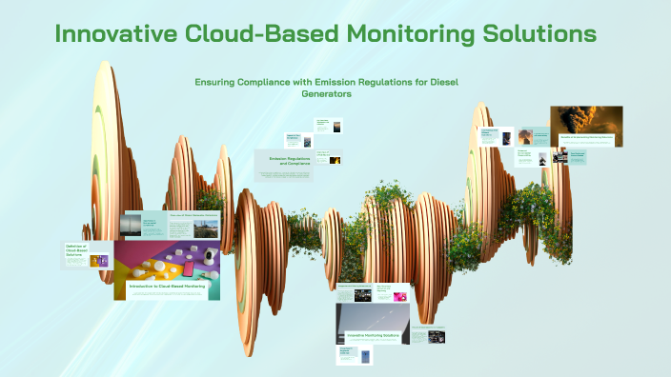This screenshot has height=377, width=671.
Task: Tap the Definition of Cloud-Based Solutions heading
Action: coord(76,252)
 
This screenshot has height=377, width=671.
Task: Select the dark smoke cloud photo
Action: coord(586,121)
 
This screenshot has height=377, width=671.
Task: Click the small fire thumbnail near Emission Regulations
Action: coord(335,160)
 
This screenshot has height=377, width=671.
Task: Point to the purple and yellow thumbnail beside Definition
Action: coord(98,260)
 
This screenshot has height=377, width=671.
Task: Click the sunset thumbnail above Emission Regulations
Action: coord(336,126)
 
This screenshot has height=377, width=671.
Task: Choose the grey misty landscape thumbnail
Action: coord(131,225)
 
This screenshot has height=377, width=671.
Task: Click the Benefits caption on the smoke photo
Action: coord(586,139)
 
